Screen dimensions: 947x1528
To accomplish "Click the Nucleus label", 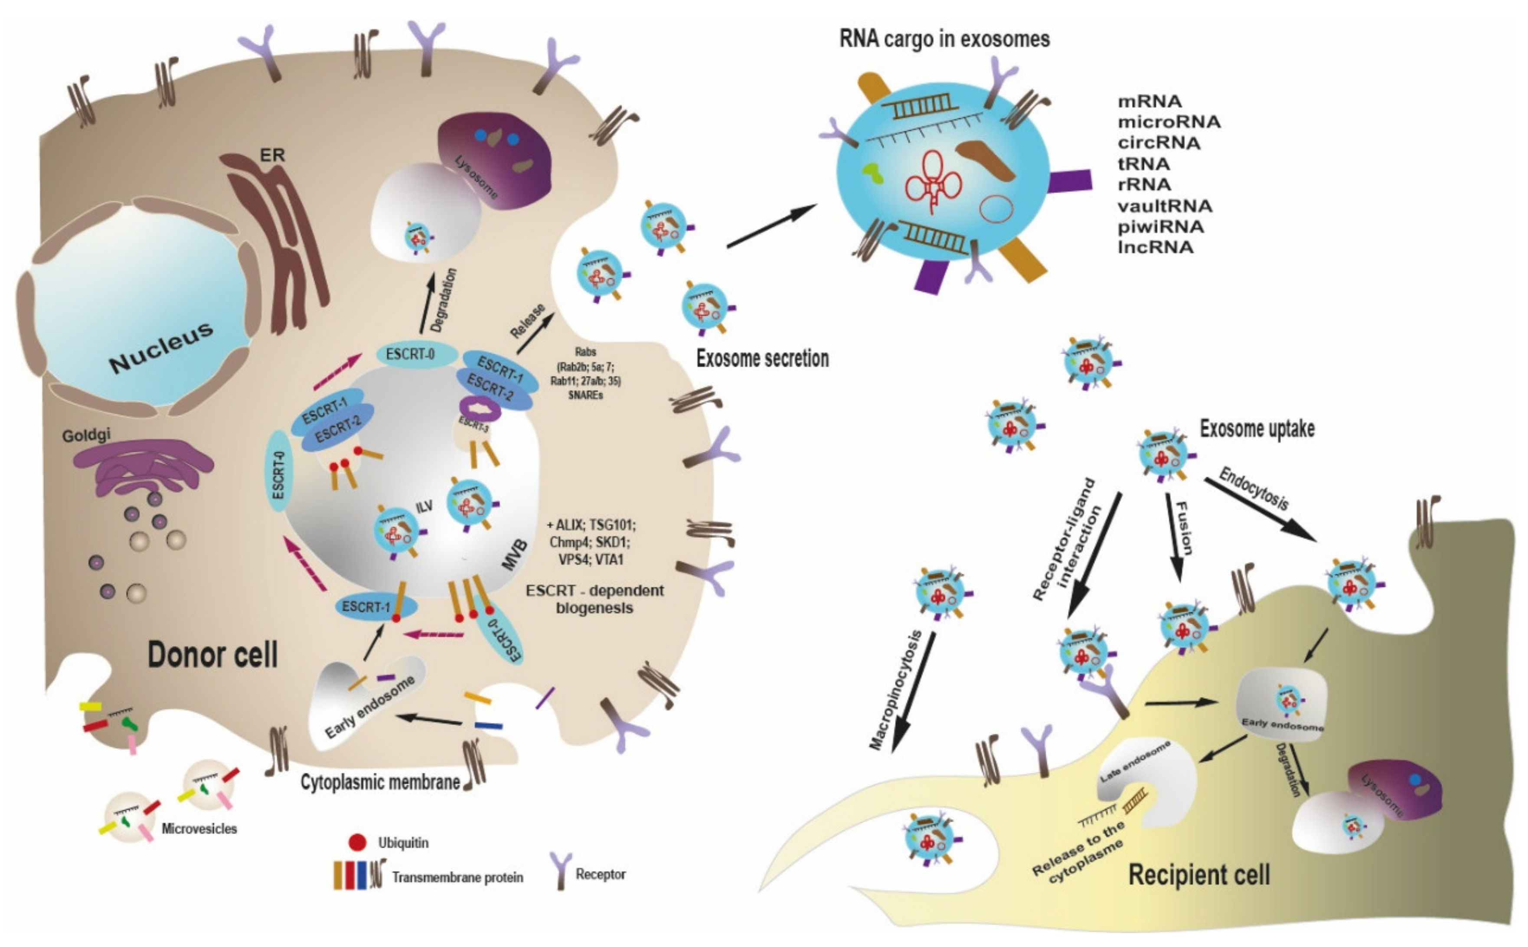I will (x=162, y=348).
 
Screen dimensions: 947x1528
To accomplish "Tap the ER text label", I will (x=272, y=155).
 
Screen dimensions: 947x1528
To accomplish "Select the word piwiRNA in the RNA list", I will (x=1160, y=226).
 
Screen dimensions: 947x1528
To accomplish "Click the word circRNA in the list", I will (x=1159, y=143).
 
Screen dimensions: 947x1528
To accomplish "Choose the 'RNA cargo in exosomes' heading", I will (x=944, y=39).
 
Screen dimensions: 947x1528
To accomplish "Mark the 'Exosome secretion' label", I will (x=762, y=359).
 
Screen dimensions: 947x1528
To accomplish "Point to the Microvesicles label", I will (x=199, y=829).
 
